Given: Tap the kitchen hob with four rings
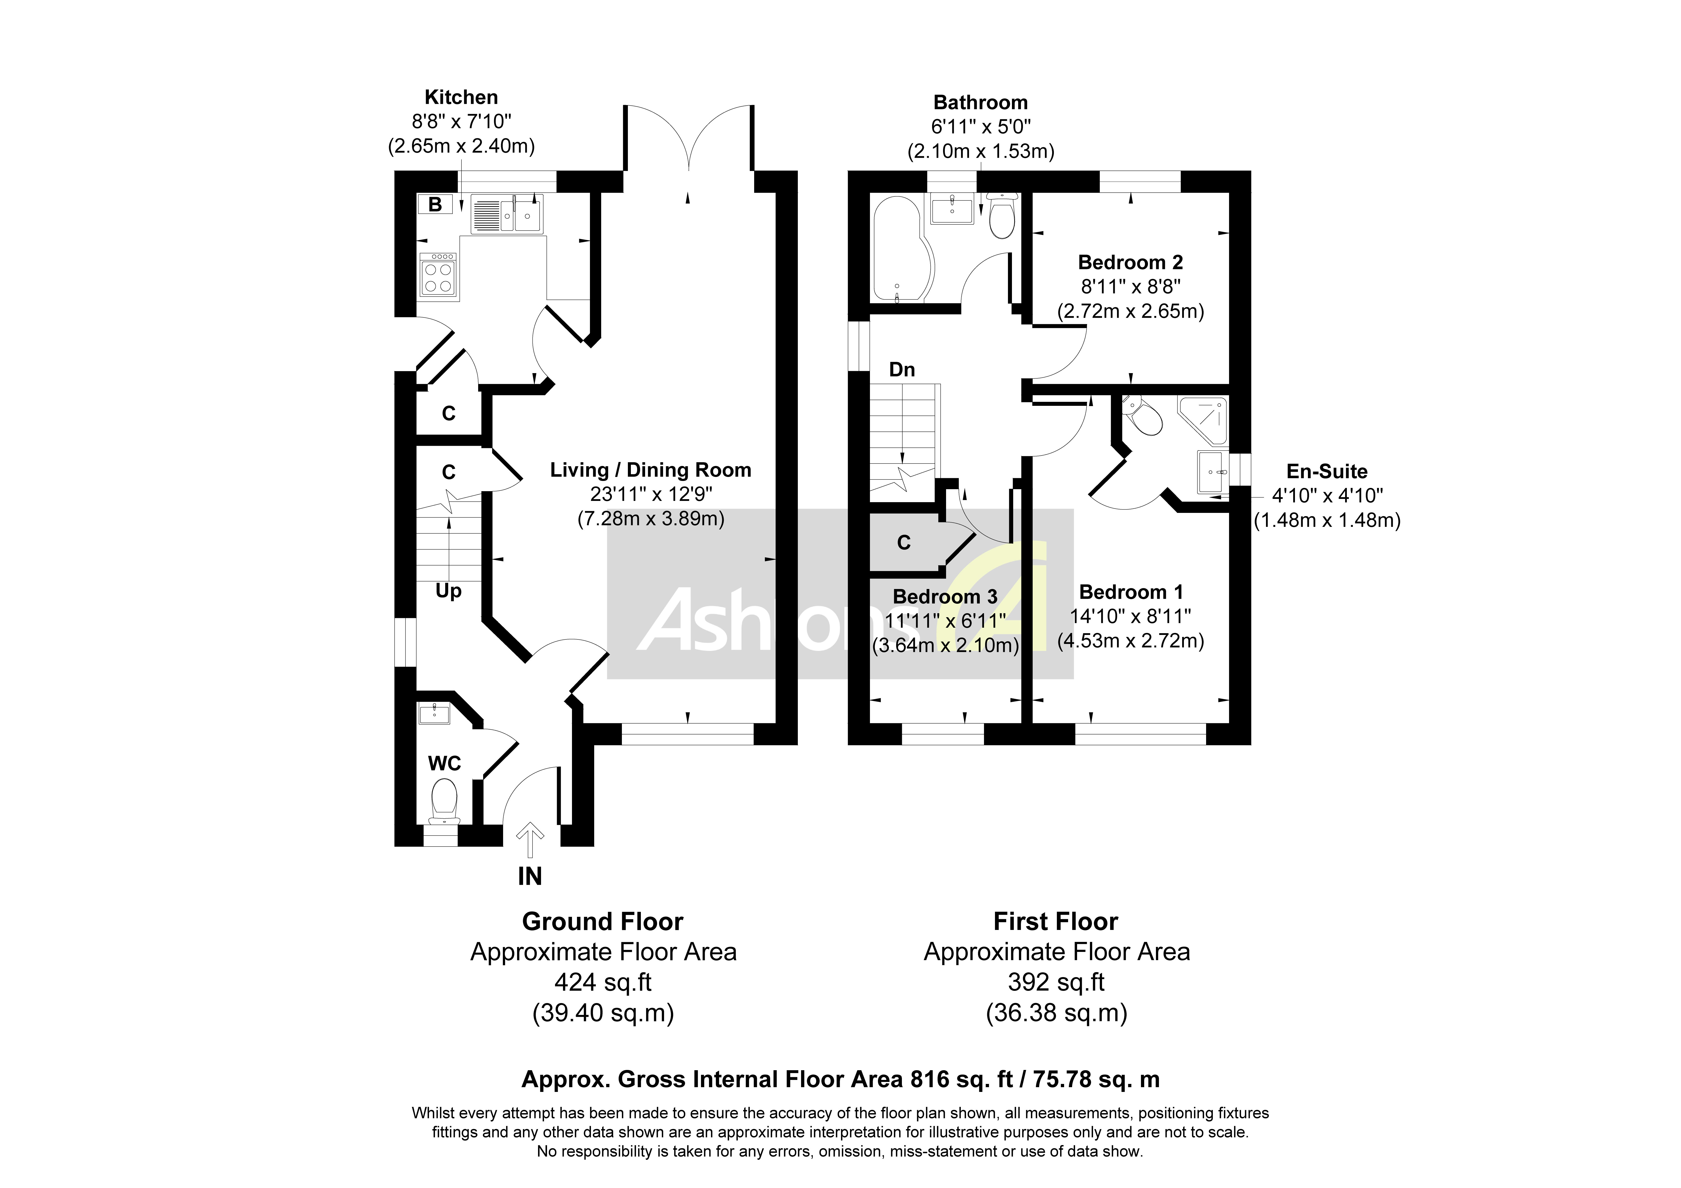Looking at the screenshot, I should tap(437, 276).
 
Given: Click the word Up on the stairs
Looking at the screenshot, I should tap(448, 590).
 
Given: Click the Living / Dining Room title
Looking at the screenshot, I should tap(650, 470).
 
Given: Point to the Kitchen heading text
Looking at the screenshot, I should tap(461, 97).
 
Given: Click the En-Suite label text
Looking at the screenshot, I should tap(1327, 472).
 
